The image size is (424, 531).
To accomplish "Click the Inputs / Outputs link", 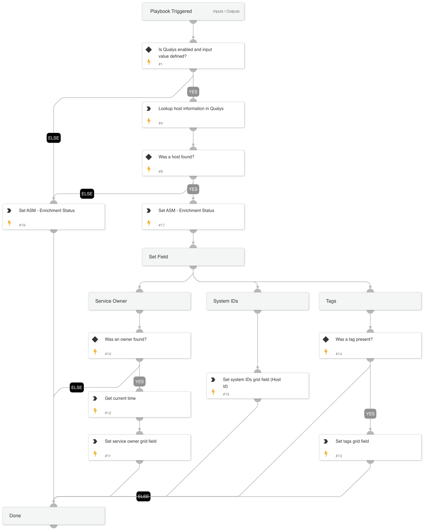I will tap(226, 11).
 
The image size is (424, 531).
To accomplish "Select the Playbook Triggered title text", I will tap(171, 11).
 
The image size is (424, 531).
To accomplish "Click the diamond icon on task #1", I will tap(149, 49).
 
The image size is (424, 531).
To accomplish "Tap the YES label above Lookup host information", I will tap(193, 92).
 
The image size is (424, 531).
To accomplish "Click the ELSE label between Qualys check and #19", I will tap(54, 138).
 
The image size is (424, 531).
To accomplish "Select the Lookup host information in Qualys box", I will tap(193, 115).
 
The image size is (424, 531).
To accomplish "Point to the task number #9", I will tap(160, 171).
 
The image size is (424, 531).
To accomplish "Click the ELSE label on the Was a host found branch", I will tap(87, 194).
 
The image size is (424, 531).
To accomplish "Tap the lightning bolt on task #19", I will tap(9, 223).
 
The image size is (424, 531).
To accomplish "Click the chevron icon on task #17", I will tap(149, 211).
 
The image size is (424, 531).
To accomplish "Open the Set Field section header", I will tap(193, 257).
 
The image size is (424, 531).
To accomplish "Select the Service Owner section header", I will tap(139, 301).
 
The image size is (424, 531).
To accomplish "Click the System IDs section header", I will tap(257, 301).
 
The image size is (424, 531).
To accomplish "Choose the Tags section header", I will tap(370, 301).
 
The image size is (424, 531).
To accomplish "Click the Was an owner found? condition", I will tap(139, 345).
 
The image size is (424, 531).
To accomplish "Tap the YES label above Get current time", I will tap(139, 382).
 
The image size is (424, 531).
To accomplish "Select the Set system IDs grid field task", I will tap(257, 386).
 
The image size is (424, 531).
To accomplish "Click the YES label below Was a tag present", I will tap(370, 414).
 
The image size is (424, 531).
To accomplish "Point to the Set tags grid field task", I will tap(370, 447).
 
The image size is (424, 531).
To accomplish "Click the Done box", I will tap(54, 516).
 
